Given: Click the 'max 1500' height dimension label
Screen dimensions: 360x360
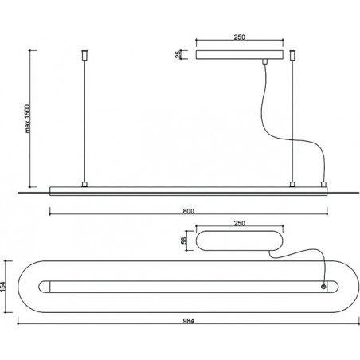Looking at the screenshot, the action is (28, 119).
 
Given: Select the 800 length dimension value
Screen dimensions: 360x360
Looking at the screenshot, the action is (189, 211).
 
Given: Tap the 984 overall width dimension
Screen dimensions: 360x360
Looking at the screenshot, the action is (189, 321).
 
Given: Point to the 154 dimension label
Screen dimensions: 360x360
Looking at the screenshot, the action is (3, 287).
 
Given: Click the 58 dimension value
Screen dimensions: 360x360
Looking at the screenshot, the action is (184, 241).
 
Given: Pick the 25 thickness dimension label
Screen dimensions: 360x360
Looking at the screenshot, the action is (178, 54).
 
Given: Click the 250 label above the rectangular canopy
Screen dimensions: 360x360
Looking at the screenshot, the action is (240, 37).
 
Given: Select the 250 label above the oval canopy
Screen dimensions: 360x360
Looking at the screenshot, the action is (240, 224).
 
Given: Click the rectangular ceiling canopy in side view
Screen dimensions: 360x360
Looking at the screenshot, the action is (240, 54).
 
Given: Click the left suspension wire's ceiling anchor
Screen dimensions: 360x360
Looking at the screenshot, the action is (84, 55).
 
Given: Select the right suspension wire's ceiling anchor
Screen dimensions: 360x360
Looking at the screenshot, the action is (292, 55).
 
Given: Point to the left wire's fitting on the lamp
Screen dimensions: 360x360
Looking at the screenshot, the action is (84, 184).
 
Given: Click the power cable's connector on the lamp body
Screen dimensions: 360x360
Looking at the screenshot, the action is (323, 184).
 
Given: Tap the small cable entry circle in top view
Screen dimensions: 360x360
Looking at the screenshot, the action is (323, 287).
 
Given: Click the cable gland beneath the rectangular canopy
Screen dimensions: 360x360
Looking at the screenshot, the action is (264, 61).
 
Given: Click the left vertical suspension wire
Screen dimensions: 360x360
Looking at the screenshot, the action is (84, 121).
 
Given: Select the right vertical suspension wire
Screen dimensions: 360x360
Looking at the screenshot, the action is (292, 121).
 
